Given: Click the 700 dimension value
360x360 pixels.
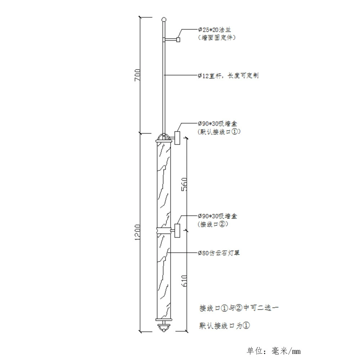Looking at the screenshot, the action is point(138,75).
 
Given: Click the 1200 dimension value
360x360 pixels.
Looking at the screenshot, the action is point(137,232).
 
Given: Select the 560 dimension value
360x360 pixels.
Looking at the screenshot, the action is point(184,184).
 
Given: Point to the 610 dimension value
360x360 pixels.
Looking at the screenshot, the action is point(184,280).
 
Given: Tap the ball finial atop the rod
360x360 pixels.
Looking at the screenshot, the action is point(164,19).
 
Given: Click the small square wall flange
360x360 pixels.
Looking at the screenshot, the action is point(178,40).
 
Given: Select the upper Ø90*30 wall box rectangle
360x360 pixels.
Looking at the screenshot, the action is point(177,138).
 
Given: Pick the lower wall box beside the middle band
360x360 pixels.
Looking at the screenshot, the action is point(177,230).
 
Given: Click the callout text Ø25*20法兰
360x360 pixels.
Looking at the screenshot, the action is point(215,30).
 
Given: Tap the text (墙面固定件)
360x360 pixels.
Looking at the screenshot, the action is point(217,37).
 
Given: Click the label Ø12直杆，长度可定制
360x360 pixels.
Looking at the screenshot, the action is point(229,76).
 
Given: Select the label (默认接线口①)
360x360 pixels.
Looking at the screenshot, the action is point(219,132).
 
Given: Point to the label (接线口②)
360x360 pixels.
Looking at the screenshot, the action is point(213,224).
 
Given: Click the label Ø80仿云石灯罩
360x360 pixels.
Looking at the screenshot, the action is point(219,253).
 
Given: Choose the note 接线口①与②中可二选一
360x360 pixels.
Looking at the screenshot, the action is point(239,308).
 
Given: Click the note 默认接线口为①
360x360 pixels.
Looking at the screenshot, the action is point(224,325).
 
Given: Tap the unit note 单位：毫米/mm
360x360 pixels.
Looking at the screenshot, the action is point(274,351).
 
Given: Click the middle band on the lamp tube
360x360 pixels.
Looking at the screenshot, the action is point(164,230).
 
